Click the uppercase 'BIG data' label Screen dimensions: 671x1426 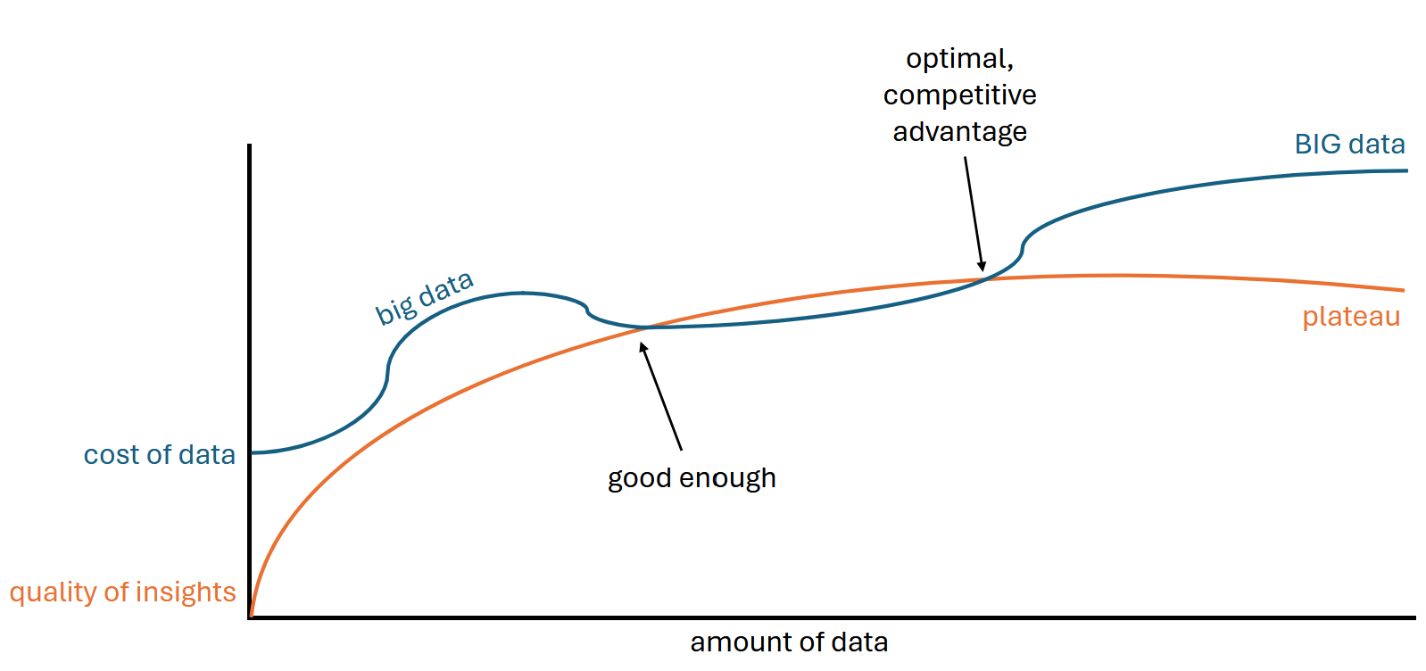click(x=1349, y=145)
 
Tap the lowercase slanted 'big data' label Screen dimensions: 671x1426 click(x=424, y=297)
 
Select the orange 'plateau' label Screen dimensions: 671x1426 click(x=1350, y=317)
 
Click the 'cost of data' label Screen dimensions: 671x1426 click(x=159, y=455)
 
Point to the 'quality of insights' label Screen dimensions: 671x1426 click(x=122, y=592)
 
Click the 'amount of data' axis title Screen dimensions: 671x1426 click(x=789, y=642)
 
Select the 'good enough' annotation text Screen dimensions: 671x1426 click(x=692, y=478)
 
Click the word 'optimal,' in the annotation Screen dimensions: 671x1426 click(x=959, y=59)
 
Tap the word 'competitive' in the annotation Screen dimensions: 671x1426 click(x=959, y=95)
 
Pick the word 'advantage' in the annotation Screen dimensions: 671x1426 click(x=959, y=132)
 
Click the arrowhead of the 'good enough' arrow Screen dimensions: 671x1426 click(x=643, y=347)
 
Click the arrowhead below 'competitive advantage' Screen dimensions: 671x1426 click(x=982, y=266)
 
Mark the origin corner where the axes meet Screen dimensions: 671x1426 click(x=250, y=617)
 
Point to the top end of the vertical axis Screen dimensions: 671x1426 click(x=250, y=146)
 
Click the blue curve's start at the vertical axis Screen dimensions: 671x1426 click(x=253, y=452)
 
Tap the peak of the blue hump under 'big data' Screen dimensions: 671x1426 click(x=522, y=293)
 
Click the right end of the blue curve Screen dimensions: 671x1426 click(x=1405, y=170)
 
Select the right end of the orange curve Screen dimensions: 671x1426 click(x=1403, y=290)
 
